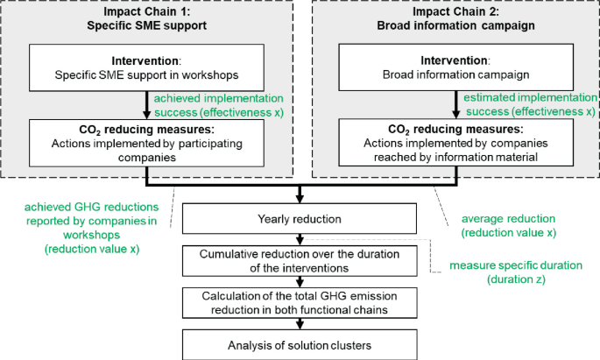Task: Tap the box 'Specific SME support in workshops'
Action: click(x=147, y=67)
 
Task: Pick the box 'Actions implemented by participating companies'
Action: click(x=147, y=141)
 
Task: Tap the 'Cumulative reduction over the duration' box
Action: click(x=300, y=260)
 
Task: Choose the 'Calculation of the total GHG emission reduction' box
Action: click(x=300, y=301)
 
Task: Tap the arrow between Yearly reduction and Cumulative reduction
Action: click(x=300, y=239)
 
